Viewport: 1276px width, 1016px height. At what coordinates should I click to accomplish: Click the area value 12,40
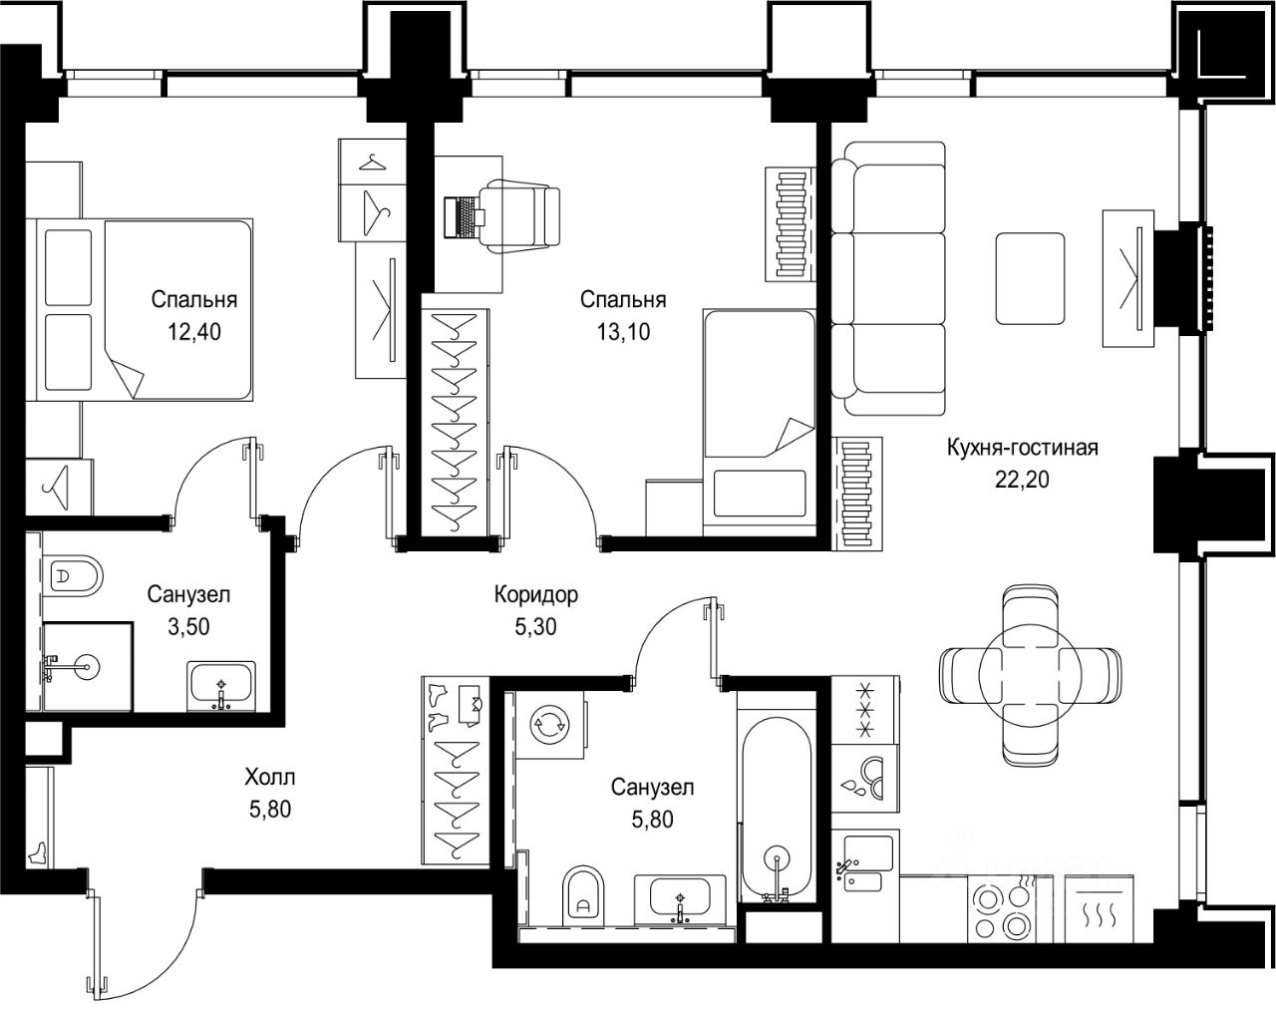click(193, 332)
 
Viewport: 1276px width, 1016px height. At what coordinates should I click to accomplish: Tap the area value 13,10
click(623, 332)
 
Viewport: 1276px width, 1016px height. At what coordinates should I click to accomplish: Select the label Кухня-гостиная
click(1022, 448)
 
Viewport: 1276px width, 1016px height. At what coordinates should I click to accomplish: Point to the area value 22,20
click(1022, 480)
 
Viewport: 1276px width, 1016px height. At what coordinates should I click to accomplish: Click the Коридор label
click(536, 595)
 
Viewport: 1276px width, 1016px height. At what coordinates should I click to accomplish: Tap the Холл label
click(270, 777)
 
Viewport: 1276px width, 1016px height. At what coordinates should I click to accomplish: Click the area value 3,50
click(188, 626)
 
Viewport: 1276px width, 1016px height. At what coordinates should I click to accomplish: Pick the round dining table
click(1030, 675)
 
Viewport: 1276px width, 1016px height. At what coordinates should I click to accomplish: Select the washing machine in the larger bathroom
click(551, 725)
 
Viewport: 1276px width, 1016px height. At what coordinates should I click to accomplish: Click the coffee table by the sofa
click(1030, 278)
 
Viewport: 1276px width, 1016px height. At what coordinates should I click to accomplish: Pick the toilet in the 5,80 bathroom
click(583, 895)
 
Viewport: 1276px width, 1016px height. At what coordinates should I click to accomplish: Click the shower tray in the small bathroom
click(87, 667)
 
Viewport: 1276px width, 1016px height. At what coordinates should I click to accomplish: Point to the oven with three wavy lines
click(1100, 908)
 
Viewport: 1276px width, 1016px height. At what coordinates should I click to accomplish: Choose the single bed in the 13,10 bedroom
click(759, 422)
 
